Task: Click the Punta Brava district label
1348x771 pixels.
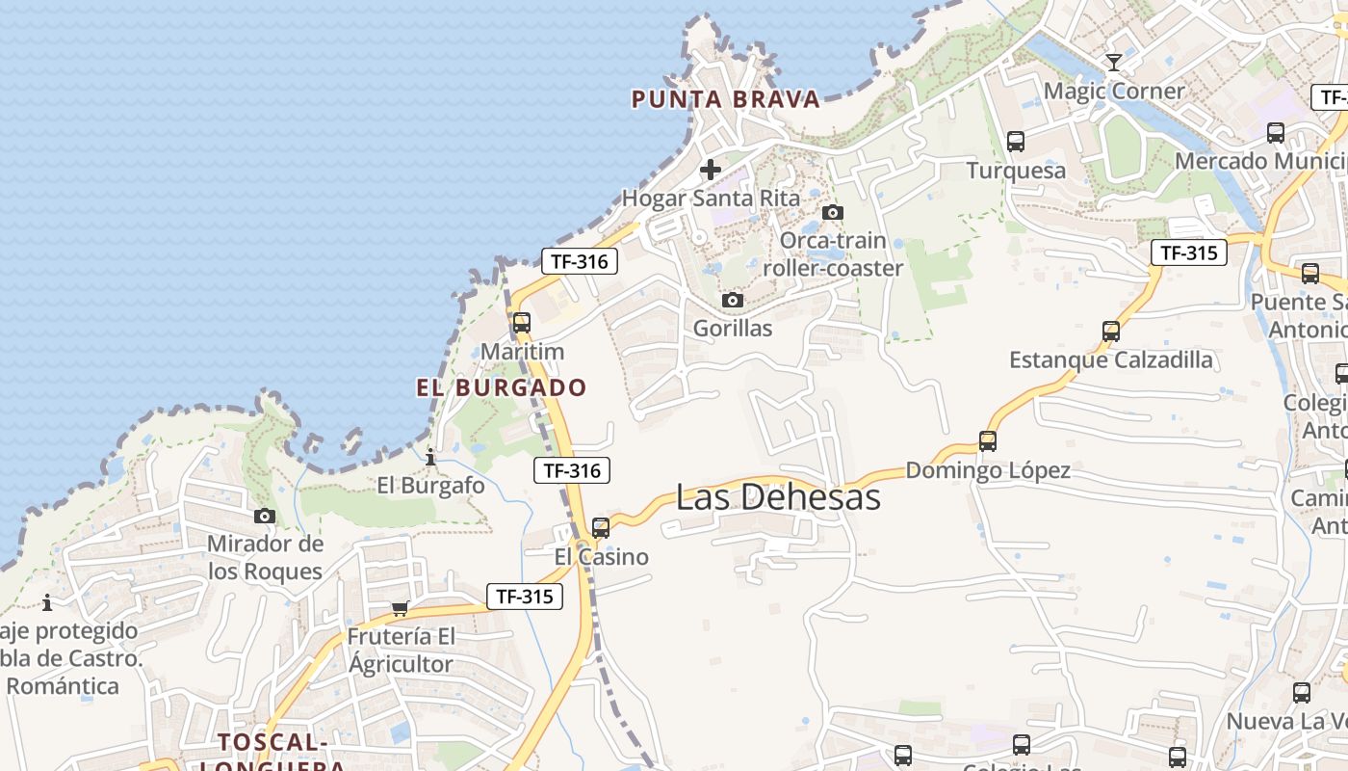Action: click(725, 99)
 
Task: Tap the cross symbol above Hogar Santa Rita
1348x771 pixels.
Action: click(711, 171)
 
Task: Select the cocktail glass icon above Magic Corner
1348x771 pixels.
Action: click(1114, 63)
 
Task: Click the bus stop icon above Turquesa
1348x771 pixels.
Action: click(1016, 142)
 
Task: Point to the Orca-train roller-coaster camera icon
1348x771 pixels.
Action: click(833, 213)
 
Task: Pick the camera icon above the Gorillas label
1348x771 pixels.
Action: click(733, 301)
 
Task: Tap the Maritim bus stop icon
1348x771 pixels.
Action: click(522, 323)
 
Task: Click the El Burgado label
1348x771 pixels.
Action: click(501, 387)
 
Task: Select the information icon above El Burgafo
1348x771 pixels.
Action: click(430, 457)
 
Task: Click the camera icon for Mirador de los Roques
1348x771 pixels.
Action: click(265, 517)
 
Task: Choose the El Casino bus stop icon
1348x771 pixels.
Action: click(601, 528)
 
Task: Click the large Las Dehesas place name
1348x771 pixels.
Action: click(778, 497)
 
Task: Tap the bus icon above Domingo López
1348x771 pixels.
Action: click(988, 441)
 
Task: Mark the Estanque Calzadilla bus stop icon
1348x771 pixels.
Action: click(1111, 332)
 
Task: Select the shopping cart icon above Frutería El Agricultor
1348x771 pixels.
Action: click(400, 608)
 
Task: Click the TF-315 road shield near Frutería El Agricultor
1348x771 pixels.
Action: click(525, 597)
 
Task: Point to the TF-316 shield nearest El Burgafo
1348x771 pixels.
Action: click(572, 470)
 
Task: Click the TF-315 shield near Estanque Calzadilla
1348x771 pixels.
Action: click(1189, 253)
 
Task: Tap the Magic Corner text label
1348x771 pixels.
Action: click(1114, 92)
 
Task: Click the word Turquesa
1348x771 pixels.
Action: click(1016, 171)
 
